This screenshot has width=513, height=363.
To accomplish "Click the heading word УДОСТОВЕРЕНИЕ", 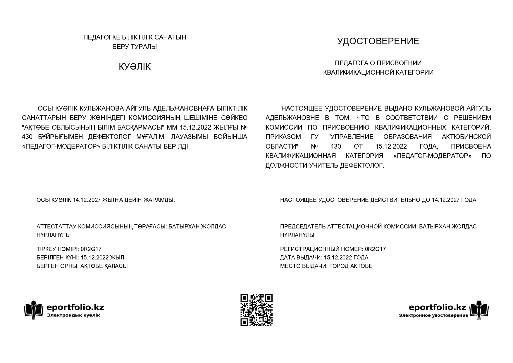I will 378,41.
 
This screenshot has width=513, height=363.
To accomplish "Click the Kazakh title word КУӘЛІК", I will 135,67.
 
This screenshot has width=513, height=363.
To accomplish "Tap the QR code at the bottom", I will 256,310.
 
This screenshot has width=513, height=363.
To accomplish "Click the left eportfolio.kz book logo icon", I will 34,310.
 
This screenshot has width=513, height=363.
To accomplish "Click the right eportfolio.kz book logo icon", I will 479,310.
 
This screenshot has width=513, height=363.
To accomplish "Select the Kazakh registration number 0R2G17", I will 91,249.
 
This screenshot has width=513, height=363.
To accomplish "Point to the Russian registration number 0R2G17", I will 375,249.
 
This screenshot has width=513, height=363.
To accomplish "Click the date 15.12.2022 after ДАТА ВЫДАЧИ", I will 338,258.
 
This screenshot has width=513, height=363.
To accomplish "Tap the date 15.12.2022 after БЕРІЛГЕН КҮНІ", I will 94,258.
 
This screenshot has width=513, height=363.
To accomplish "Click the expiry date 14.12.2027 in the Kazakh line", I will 87,200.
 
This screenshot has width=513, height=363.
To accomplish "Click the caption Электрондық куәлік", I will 73,315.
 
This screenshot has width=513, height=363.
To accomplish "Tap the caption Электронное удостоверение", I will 433,315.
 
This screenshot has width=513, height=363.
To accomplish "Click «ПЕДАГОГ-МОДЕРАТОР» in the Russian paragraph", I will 433,156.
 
